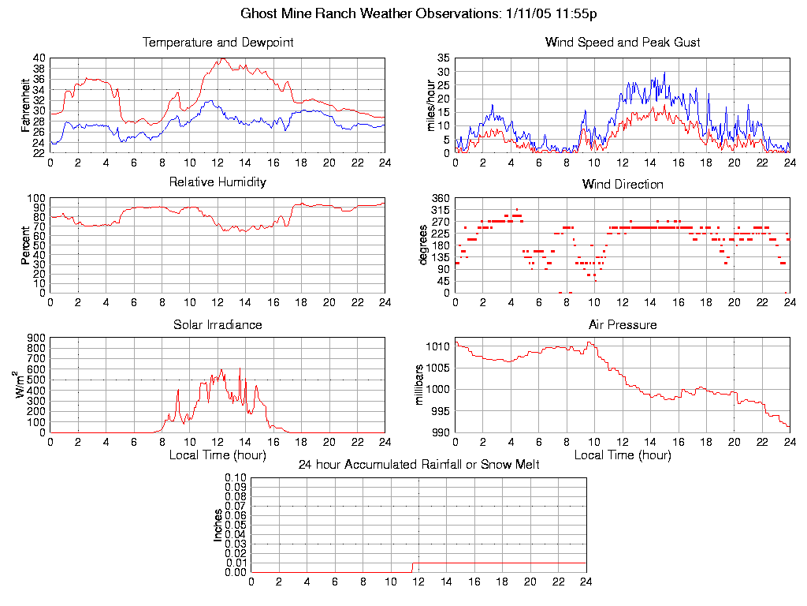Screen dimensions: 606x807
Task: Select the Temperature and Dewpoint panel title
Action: [218, 43]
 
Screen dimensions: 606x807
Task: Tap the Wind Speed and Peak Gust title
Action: [623, 43]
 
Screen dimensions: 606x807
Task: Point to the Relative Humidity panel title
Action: [218, 182]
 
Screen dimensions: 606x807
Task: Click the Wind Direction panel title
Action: [623, 185]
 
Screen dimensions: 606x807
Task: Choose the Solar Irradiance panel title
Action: [218, 325]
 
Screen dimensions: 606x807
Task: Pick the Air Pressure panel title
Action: [623, 325]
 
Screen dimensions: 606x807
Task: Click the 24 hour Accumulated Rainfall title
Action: [418, 465]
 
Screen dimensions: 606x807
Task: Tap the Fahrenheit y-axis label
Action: [26, 105]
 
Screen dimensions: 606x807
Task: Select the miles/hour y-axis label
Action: [430, 105]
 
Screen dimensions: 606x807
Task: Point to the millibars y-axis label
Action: [420, 384]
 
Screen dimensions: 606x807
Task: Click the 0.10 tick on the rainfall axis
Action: [236, 477]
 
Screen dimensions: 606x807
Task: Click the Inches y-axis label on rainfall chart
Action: [218, 525]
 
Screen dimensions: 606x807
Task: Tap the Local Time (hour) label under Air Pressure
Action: [623, 455]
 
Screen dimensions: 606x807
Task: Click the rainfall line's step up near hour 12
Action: [412, 567]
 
